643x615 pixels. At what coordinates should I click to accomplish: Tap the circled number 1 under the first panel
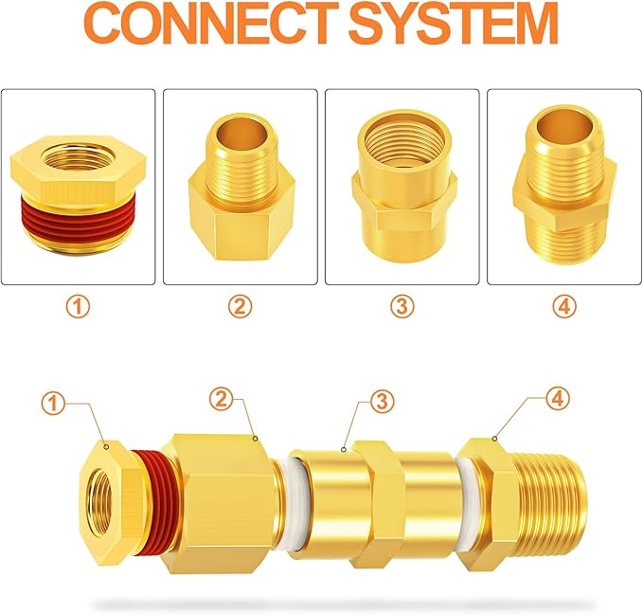(79, 307)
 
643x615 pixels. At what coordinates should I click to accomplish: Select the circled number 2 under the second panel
(241, 307)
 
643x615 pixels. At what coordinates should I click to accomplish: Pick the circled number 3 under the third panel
(402, 307)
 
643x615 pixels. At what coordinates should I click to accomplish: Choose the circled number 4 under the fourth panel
(564, 307)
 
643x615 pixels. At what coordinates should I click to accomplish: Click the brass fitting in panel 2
(240, 190)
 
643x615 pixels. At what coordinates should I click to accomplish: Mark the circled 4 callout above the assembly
(558, 399)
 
